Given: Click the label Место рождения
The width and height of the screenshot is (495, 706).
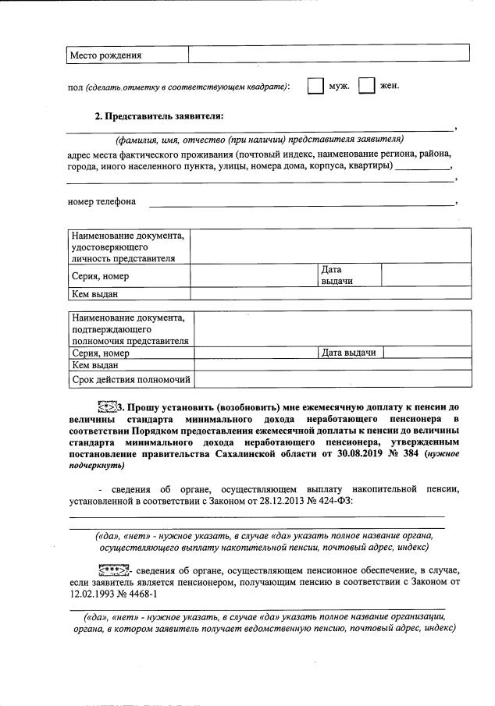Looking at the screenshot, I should coord(105,55).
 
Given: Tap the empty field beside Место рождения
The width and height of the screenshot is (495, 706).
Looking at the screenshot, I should coord(328,53).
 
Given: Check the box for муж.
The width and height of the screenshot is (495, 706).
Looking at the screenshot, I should coord(315,86).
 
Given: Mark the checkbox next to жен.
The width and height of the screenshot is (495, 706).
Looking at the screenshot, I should coord(366,86).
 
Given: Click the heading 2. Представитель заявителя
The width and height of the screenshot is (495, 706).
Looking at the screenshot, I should coord(158,116).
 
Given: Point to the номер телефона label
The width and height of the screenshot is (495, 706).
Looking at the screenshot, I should coord(102,201).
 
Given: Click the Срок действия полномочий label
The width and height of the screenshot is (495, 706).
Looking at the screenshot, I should coord(131,380).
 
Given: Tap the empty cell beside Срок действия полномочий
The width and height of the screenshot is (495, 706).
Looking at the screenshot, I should coord(332,380).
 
